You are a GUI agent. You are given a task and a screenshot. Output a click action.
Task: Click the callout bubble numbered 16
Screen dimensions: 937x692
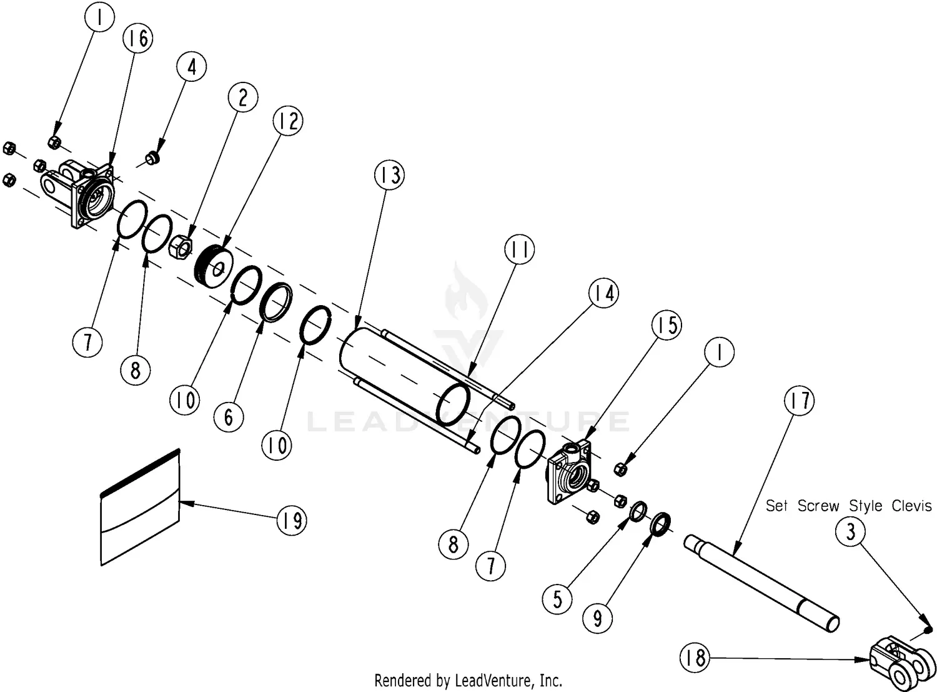(137, 38)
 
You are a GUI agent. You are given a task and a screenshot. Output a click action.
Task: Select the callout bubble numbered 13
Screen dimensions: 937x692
(389, 174)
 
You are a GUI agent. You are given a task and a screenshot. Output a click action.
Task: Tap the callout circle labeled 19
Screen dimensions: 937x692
(292, 520)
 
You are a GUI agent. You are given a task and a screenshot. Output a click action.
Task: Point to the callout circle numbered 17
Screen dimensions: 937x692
(800, 400)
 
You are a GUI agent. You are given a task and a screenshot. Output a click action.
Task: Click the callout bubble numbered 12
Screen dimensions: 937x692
(288, 121)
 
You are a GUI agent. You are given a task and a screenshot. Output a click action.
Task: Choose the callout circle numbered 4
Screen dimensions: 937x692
(191, 67)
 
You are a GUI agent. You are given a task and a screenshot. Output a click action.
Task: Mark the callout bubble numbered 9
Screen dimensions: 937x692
(597, 618)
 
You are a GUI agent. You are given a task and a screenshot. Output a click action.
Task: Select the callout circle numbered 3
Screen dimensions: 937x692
(850, 531)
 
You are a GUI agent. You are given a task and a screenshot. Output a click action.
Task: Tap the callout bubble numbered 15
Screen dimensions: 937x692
(667, 324)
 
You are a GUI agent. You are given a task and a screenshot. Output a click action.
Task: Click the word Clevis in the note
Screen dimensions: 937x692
(911, 506)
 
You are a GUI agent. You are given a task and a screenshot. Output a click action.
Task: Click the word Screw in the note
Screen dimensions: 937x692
(818, 506)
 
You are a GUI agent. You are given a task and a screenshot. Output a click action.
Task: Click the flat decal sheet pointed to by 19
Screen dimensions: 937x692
(140, 506)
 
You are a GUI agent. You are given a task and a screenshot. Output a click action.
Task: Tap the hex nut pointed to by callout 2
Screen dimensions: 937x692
(181, 246)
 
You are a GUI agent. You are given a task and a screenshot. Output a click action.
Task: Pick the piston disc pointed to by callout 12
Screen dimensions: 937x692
(214, 266)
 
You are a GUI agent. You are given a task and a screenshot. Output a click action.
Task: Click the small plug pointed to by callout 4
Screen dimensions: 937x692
(152, 159)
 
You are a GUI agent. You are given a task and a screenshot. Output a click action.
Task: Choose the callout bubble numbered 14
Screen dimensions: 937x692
(603, 293)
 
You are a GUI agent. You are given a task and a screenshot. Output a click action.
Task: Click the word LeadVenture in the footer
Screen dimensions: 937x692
(492, 681)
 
